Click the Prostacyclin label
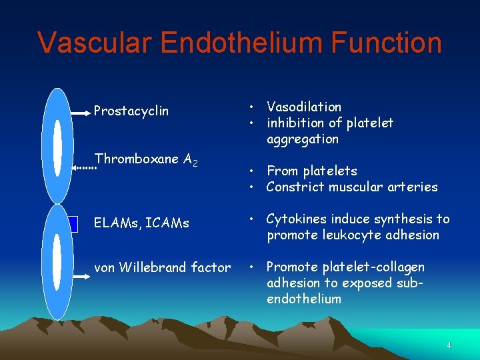(131, 111)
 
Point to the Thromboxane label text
(137, 159)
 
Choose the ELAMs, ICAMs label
(141, 223)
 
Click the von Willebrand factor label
(162, 267)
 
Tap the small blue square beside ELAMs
(73, 224)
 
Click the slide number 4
(449, 345)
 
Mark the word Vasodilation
(303, 107)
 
